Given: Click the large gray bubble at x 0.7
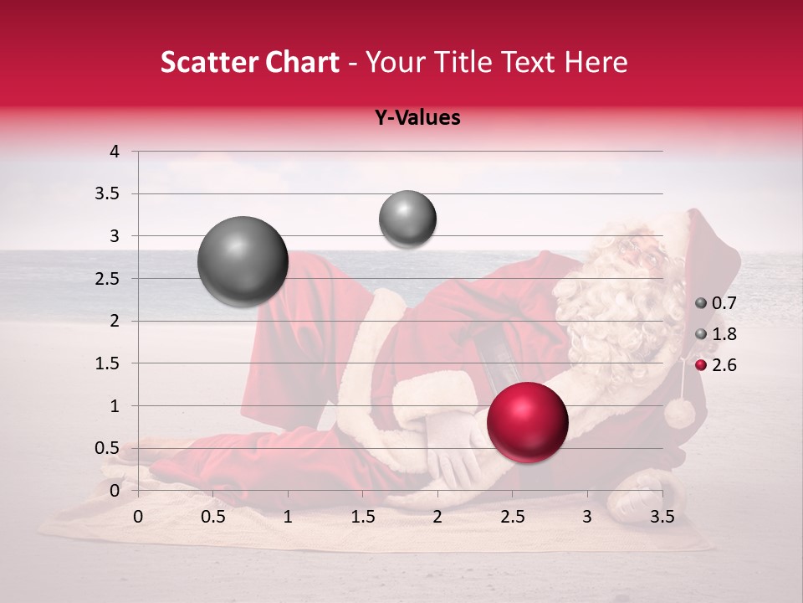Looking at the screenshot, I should [243, 261].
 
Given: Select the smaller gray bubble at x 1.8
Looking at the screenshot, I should [407, 219].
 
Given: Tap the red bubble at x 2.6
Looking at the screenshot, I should [528, 421].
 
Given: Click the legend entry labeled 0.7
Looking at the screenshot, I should [716, 303].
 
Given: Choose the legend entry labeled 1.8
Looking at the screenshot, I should [716, 334].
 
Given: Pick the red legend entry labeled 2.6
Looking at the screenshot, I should [716, 364].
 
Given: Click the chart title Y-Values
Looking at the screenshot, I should [417, 118].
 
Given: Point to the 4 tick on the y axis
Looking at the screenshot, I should [115, 152].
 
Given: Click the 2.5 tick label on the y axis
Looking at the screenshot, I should [107, 278].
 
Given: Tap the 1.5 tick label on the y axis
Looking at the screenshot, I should [107, 363].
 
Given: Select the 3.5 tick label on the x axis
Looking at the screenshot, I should [662, 516].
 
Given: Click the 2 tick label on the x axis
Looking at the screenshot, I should [437, 516].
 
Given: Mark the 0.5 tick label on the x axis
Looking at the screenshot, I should [213, 516].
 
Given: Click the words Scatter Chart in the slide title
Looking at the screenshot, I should [249, 63].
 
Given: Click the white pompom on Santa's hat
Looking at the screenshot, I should [680, 413].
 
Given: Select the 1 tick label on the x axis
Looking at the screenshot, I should [288, 516].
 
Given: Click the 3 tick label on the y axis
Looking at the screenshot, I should [115, 236].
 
